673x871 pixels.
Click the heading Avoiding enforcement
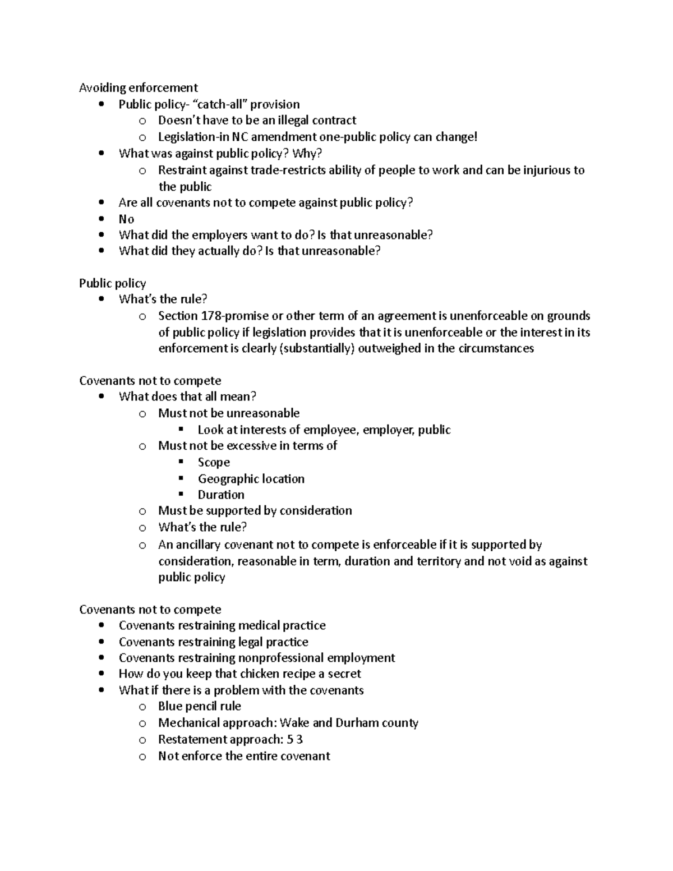[138, 87]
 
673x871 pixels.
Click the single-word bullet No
[126, 219]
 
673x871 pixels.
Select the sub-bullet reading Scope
[214, 462]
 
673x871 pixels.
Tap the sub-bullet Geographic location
[251, 478]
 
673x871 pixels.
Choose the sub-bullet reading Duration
[221, 495]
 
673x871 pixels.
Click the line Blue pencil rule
[199, 706]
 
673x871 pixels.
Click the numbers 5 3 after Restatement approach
[295, 739]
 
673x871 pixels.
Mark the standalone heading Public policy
[112, 283]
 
